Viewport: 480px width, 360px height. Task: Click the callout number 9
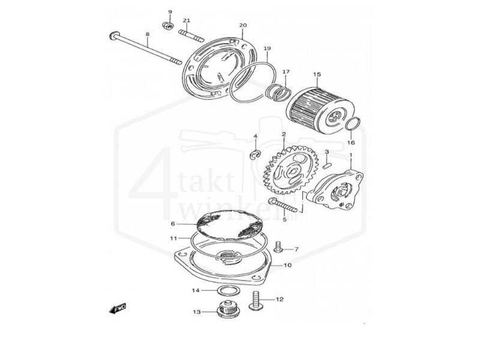tap(169, 12)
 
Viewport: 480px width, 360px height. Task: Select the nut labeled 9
tap(168, 26)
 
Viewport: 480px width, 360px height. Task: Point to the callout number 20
tap(243, 25)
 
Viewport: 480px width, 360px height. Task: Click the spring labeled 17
tap(277, 93)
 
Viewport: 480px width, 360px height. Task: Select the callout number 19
tap(267, 48)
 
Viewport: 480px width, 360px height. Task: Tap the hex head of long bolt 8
tap(113, 37)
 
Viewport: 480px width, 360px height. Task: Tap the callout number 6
tap(172, 223)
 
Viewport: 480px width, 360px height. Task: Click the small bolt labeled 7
tap(279, 247)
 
